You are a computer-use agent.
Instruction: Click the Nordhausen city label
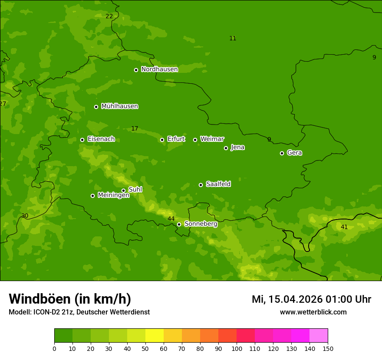(159, 69)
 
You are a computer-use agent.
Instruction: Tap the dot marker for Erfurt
(162, 140)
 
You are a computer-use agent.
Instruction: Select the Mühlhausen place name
(119, 106)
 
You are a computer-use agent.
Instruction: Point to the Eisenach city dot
(82, 140)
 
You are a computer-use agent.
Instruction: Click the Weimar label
(212, 139)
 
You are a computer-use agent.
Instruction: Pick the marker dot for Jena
(226, 148)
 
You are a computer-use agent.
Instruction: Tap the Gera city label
(294, 153)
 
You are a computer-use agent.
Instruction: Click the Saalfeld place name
(218, 184)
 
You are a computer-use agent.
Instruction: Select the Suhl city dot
(123, 190)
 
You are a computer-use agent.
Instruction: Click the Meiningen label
(113, 195)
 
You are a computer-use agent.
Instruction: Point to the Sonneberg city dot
(179, 224)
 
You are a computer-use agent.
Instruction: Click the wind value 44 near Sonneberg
(171, 219)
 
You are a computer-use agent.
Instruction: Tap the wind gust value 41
(344, 227)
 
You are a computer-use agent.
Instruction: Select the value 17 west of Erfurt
(135, 129)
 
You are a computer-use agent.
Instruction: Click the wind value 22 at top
(109, 16)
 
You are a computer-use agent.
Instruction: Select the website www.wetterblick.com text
(313, 312)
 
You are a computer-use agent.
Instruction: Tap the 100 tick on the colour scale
(237, 348)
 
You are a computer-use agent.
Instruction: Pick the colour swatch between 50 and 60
(155, 336)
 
